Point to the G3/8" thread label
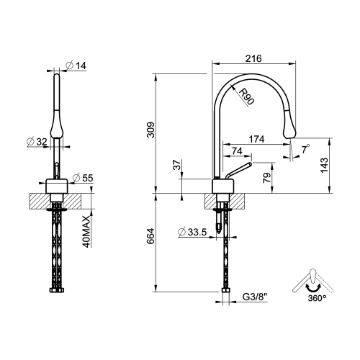(256, 296)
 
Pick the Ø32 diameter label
(37, 141)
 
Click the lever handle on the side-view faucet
(237, 170)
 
